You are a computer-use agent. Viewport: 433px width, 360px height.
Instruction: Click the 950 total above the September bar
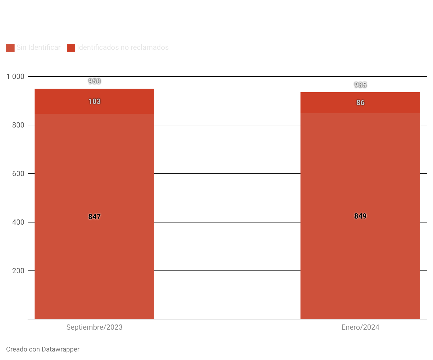click(x=94, y=81)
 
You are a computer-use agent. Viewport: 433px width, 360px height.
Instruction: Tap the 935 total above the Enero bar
click(x=360, y=85)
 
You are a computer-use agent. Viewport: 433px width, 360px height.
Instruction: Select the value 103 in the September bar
click(x=94, y=101)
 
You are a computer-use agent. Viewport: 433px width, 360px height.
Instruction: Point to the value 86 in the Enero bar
click(x=360, y=103)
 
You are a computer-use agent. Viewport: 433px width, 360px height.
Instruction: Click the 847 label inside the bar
click(x=94, y=217)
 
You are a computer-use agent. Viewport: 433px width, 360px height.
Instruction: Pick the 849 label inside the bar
click(x=360, y=216)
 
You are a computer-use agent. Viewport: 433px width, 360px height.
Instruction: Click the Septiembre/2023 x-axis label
click(x=94, y=327)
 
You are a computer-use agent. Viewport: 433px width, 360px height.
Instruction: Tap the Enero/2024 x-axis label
click(x=360, y=327)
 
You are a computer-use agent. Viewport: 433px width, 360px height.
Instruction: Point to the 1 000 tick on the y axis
click(x=15, y=76)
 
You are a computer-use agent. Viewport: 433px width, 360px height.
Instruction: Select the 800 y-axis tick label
click(x=18, y=125)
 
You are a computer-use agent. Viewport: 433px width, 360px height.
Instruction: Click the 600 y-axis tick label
click(x=18, y=174)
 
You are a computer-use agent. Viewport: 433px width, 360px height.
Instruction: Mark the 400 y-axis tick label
click(x=18, y=222)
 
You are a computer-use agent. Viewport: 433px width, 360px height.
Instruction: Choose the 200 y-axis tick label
click(x=18, y=271)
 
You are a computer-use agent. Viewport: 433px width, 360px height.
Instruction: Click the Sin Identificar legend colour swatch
click(x=10, y=48)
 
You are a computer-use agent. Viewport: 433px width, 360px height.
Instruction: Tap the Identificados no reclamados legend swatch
click(x=71, y=48)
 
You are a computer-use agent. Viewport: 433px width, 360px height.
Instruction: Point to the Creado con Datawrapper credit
click(x=43, y=349)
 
